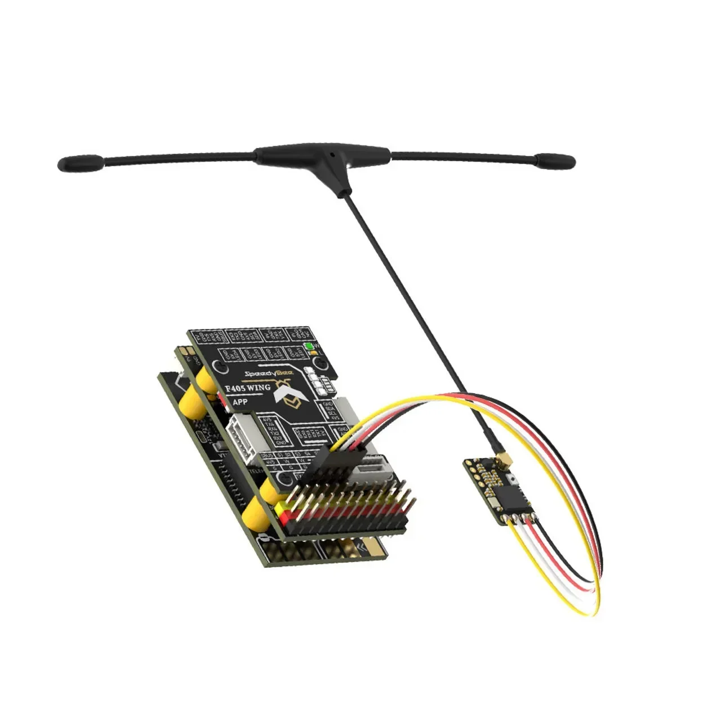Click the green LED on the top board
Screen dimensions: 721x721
coord(308,346)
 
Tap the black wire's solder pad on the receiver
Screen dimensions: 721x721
coord(531,513)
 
